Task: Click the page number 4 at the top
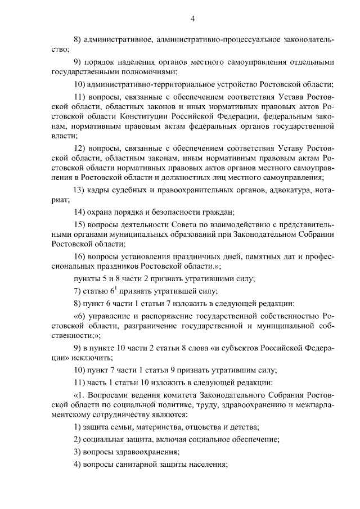pyautogui.click(x=192, y=19)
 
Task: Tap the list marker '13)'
pyautogui.click(x=79, y=191)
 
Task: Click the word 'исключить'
pyautogui.click(x=90, y=358)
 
